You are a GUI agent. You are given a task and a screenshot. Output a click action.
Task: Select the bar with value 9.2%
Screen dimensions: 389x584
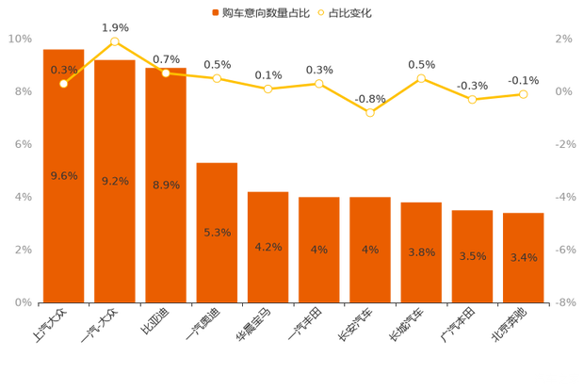click(x=115, y=179)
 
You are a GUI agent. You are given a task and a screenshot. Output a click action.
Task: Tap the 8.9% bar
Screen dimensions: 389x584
click(x=166, y=184)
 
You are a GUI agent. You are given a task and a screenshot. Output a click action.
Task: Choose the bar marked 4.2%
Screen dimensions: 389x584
click(x=268, y=246)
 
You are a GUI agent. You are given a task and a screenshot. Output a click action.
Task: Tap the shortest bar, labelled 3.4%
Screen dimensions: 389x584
click(x=524, y=256)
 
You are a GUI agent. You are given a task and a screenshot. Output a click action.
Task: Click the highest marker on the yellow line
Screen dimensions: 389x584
click(x=115, y=41)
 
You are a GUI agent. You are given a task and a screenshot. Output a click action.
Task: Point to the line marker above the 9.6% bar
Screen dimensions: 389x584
click(x=63, y=84)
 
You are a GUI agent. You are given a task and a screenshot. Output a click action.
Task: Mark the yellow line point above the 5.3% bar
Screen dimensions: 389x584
click(x=217, y=78)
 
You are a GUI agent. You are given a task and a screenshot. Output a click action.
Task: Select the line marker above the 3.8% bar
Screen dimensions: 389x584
click(x=421, y=78)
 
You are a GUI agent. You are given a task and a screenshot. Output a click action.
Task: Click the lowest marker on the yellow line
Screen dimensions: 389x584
click(x=370, y=113)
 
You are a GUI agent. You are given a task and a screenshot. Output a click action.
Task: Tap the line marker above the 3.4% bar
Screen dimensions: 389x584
click(x=524, y=94)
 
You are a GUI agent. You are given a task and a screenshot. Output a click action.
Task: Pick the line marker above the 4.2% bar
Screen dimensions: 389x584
click(x=268, y=89)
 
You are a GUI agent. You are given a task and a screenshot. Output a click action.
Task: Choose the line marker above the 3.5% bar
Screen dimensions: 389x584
click(x=472, y=99)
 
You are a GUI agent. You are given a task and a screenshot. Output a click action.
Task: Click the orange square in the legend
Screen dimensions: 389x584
click(x=216, y=13)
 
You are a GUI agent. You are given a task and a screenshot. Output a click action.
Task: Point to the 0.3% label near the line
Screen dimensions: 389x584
click(x=64, y=70)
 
